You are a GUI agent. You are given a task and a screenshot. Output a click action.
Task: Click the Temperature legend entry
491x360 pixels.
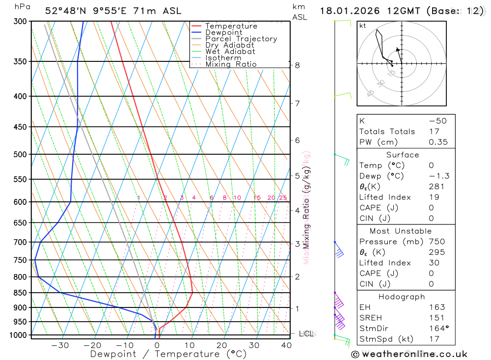231,26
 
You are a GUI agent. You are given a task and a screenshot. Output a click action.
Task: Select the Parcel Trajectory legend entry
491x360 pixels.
241,39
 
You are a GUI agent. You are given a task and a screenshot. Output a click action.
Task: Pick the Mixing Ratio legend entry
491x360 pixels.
231,64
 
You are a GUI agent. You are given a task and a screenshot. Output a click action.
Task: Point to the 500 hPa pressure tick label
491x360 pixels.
20,154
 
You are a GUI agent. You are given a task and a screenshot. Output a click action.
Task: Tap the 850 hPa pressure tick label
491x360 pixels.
20,293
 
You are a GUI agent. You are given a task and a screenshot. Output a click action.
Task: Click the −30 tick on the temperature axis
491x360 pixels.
60,345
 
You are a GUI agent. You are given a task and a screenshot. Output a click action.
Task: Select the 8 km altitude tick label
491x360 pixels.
297,65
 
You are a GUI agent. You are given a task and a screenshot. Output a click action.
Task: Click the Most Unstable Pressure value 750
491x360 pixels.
436,242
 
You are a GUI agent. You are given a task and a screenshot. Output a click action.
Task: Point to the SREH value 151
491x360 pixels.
436,318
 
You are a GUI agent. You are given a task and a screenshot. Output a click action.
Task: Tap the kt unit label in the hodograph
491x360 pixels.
363,26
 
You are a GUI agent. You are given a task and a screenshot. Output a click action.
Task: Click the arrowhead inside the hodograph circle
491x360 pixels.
398,49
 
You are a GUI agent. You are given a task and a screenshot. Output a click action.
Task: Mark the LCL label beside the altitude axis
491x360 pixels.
306,334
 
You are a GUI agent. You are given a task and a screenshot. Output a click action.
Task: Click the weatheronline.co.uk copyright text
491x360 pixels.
409,354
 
